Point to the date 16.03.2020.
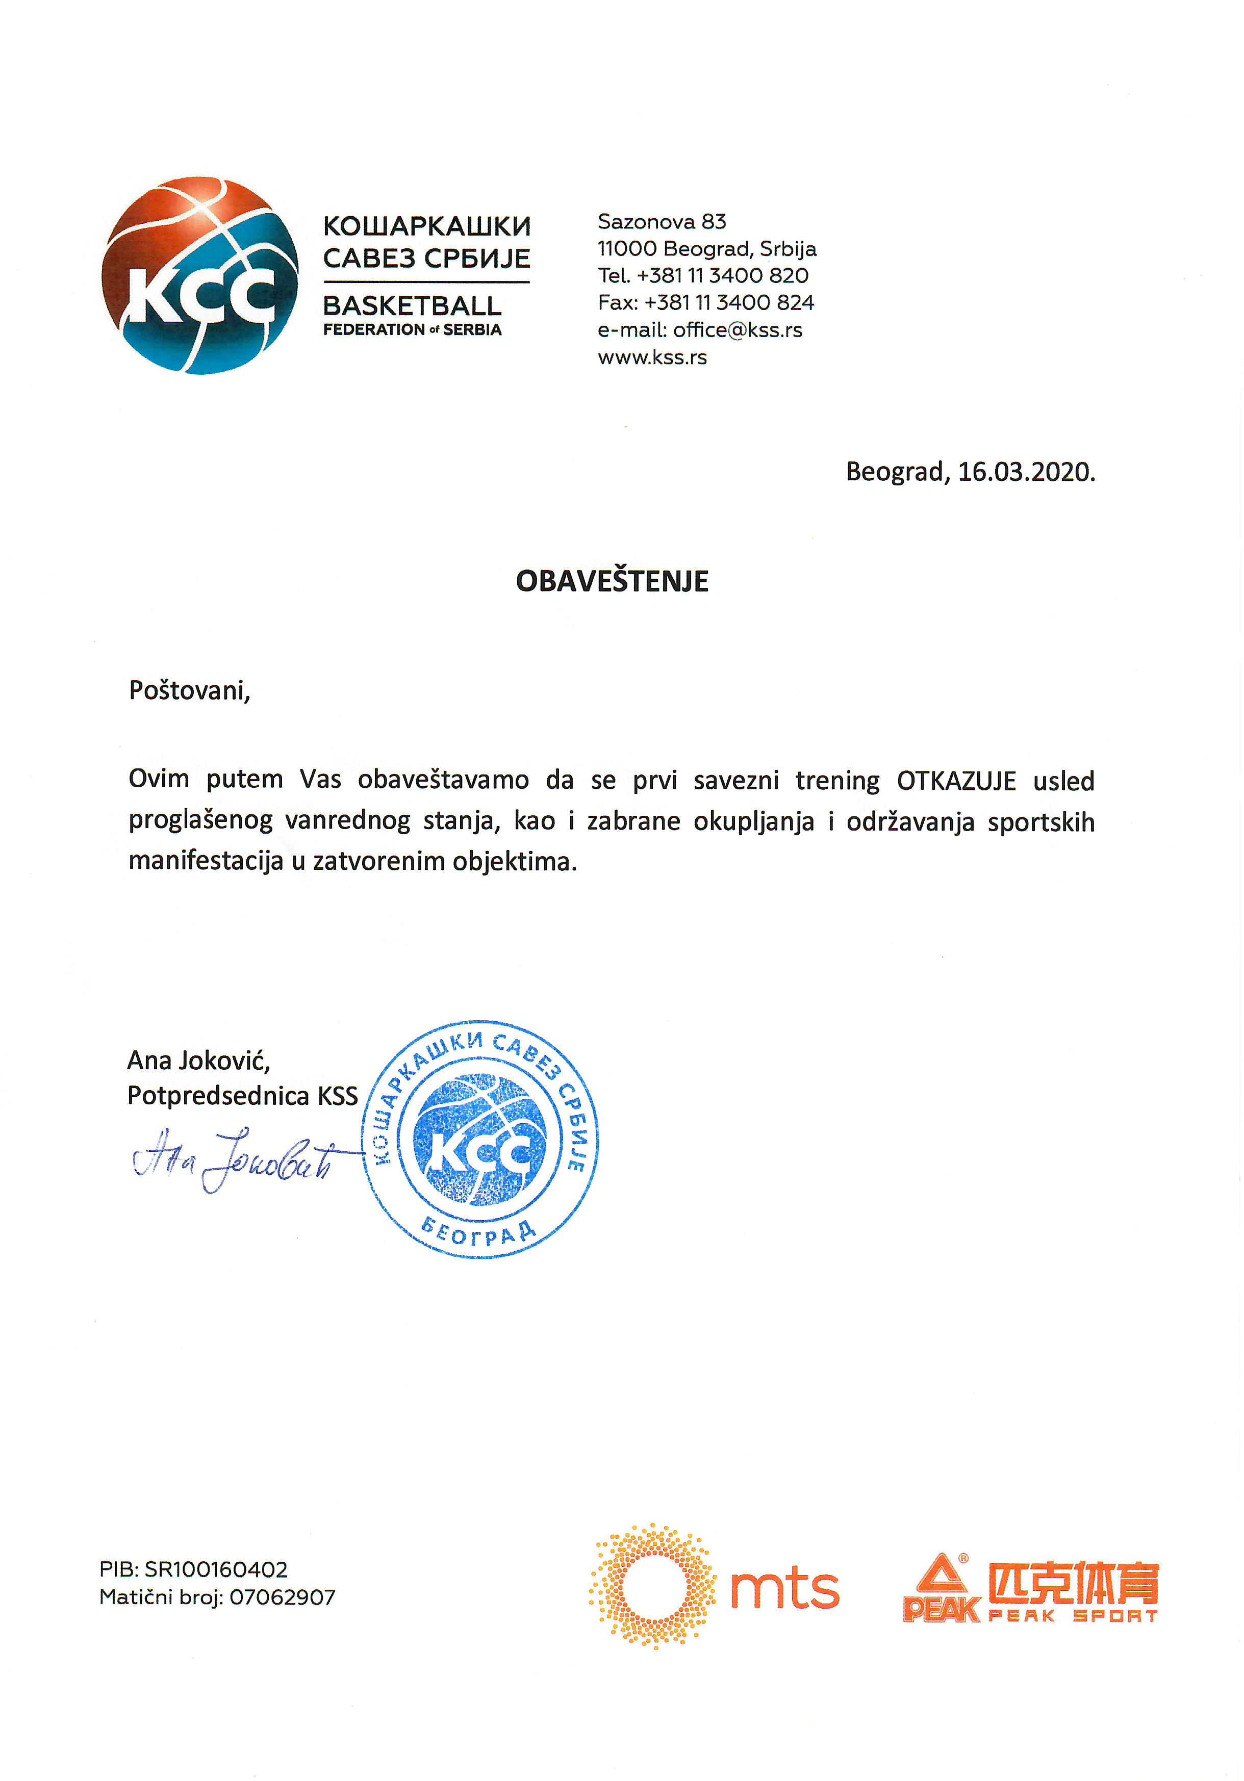[1026, 472]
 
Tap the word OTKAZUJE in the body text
[956, 780]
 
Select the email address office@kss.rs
[737, 330]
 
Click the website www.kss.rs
[652, 357]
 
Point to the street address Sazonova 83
[661, 222]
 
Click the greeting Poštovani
[189, 690]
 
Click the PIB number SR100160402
[216, 1570]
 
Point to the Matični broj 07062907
[282, 1597]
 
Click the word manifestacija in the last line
[206, 861]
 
